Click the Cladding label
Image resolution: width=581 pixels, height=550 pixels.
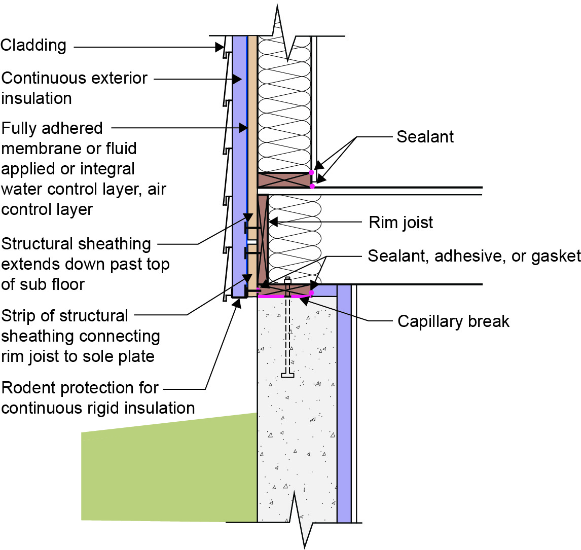(33, 45)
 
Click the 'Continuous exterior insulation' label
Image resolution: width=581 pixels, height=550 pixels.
(74, 88)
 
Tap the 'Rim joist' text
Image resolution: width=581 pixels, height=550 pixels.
(401, 223)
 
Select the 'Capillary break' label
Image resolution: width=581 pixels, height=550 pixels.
(453, 321)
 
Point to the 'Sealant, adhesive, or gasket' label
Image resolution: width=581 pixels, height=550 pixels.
(474, 256)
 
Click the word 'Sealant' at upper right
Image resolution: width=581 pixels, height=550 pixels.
(425, 136)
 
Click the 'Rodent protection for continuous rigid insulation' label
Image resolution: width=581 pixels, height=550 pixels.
(98, 398)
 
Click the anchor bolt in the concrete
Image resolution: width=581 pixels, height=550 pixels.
(287, 329)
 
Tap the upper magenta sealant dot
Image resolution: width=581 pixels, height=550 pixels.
(312, 173)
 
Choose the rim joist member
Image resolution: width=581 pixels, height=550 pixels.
(262, 238)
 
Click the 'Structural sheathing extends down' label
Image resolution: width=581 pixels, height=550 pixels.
(85, 264)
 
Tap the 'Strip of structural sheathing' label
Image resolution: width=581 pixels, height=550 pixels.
(81, 336)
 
